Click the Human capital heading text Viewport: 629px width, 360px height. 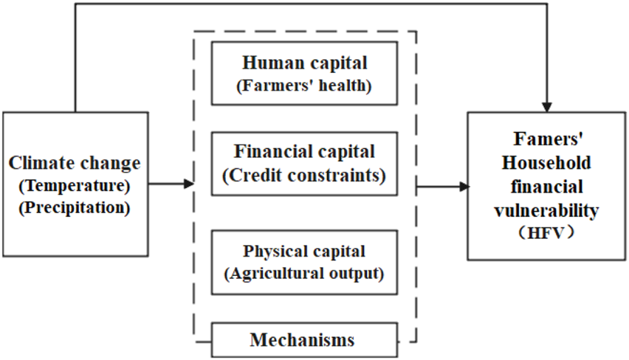[304, 63]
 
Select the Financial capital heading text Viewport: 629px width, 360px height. [304, 152]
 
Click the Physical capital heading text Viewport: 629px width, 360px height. [304, 252]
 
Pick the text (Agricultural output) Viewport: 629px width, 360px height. [304, 274]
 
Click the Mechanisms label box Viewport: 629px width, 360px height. [303, 340]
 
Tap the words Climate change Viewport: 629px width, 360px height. [75, 162]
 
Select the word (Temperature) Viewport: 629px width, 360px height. [75, 184]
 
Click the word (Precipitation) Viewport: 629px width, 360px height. [75, 207]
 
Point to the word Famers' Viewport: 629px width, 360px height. [546, 139]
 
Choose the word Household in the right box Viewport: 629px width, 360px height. [546, 162]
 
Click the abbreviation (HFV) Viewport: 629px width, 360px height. [546, 233]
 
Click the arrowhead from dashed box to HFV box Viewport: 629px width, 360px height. [464, 187]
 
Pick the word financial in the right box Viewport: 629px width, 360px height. [546, 186]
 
